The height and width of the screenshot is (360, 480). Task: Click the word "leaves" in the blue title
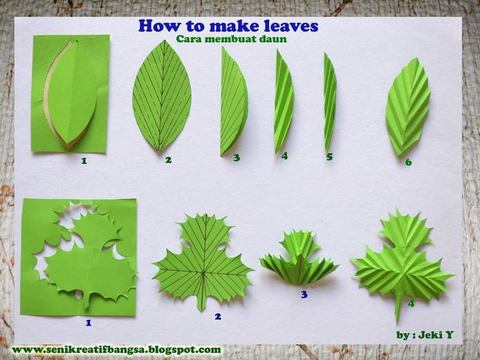point(291,25)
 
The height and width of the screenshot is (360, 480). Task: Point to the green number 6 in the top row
point(408,162)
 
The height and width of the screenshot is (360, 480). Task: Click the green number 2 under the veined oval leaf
point(168,160)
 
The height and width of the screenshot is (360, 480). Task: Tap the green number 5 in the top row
point(329,157)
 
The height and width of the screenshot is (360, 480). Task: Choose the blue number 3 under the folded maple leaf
point(304,295)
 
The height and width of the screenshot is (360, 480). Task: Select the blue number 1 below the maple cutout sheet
point(89,323)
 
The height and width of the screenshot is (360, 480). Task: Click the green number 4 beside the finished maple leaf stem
point(411,303)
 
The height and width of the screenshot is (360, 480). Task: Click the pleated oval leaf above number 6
point(408,107)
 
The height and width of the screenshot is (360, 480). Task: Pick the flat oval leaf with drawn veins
point(162,95)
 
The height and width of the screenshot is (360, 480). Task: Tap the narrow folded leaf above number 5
point(330,102)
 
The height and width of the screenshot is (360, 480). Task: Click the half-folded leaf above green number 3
point(234,101)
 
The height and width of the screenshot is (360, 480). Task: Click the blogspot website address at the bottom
point(116,350)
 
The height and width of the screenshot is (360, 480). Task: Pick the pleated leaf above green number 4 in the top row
point(284,102)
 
